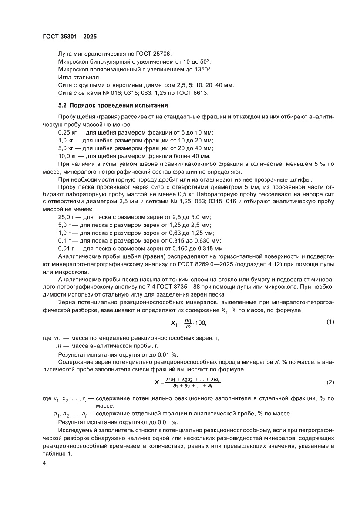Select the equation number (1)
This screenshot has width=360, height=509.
coord(330,322)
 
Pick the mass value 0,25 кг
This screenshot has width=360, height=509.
coord(67,132)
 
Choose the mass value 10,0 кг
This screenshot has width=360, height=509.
coord(67,156)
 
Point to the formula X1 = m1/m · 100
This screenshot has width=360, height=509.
coord(188,323)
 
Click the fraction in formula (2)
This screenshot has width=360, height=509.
coord(192,382)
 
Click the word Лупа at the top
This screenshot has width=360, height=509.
coord(66,54)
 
